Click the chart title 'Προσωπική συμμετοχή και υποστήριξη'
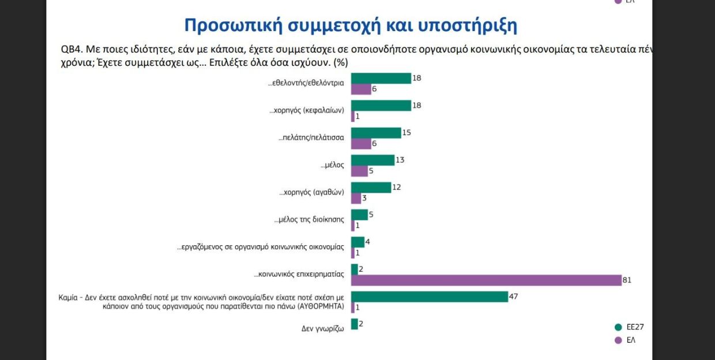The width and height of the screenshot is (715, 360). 351,26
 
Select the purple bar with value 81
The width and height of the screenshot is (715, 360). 486,280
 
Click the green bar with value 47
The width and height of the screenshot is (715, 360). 429,297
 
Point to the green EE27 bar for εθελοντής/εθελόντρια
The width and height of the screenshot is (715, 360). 381,78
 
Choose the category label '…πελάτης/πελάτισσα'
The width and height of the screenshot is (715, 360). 311,137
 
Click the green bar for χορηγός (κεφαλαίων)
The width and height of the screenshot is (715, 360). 381,106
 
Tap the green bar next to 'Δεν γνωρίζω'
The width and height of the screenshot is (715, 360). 354,324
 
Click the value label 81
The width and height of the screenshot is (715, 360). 626,280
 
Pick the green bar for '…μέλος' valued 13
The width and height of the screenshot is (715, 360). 372,160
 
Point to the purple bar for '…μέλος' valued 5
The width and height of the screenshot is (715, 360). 359,171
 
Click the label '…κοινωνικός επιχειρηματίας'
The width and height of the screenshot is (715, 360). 299,274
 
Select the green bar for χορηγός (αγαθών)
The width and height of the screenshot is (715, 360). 371,187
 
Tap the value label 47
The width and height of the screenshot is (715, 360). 513,297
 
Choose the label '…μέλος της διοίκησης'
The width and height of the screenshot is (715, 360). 309,220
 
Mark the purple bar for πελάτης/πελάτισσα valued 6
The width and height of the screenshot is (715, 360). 360,144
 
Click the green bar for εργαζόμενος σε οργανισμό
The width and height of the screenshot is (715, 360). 357,242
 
